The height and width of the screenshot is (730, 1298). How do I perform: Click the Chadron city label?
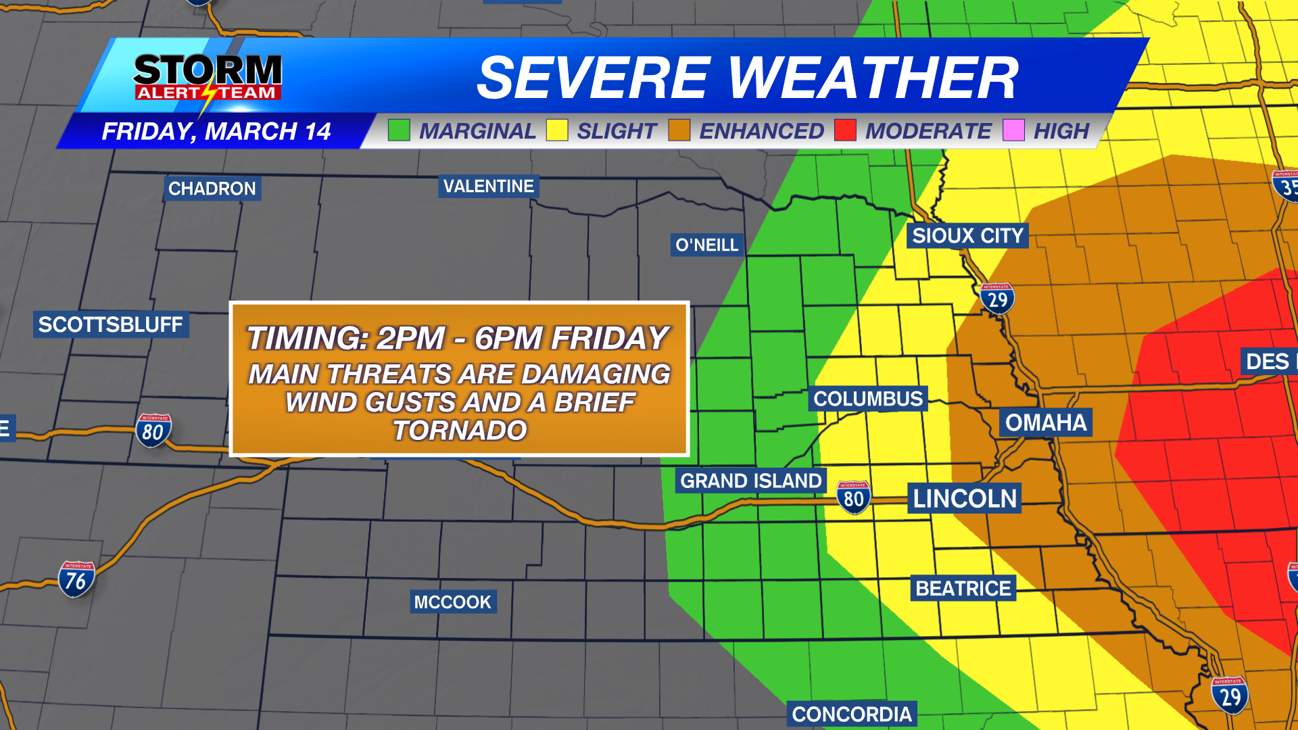[x=212, y=189]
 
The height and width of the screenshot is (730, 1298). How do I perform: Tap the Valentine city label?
[x=488, y=186]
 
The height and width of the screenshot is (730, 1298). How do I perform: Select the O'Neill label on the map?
[x=707, y=245]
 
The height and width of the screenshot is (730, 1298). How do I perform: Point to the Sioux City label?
[x=967, y=236]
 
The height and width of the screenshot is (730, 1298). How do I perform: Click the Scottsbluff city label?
[x=110, y=324]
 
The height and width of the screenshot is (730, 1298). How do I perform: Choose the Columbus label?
[x=868, y=399]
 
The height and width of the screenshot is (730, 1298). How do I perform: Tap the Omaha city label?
[x=1045, y=422]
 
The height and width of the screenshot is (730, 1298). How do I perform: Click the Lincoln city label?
[x=964, y=499]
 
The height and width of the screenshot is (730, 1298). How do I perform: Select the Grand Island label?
[x=750, y=481]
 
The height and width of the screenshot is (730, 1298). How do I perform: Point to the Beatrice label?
[x=963, y=588]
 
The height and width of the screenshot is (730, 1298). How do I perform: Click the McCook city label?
[x=452, y=602]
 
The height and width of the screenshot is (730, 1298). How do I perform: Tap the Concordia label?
[x=851, y=714]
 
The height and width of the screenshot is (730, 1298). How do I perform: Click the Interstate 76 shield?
[x=76, y=580]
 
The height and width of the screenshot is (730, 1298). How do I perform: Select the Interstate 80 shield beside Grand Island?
[x=853, y=498]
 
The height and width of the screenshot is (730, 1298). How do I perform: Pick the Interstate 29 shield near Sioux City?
[x=997, y=299]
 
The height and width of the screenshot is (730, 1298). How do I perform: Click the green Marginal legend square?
[x=399, y=130]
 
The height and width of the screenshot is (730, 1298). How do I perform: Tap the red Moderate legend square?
[x=845, y=130]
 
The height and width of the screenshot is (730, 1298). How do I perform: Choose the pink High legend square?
[x=1013, y=130]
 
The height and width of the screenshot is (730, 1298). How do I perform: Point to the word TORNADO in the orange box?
[x=460, y=431]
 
